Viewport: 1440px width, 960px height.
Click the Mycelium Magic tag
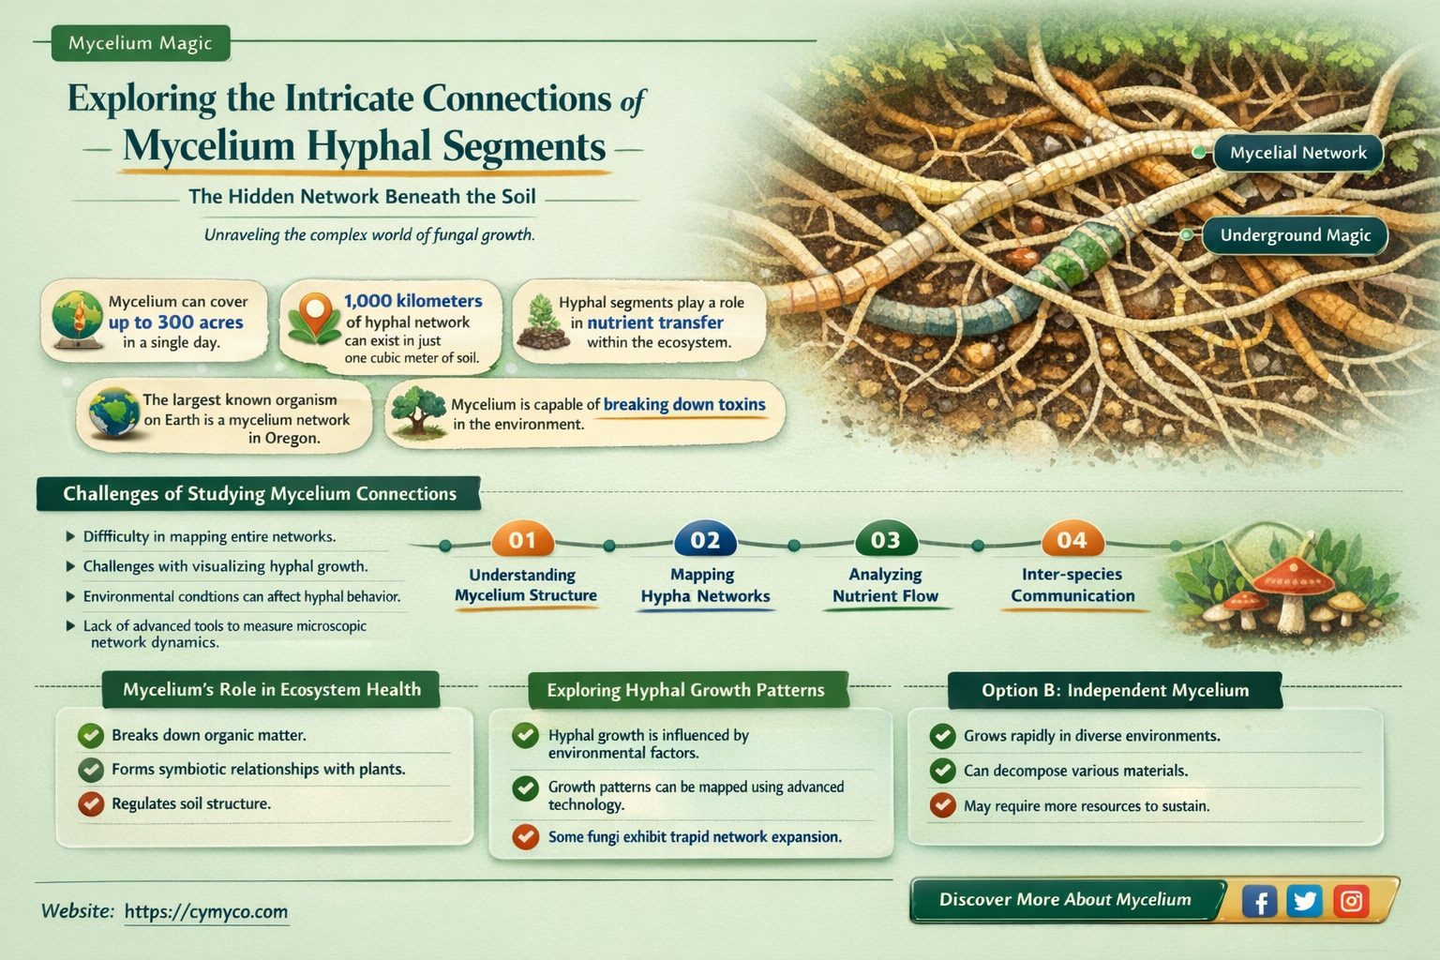point(141,43)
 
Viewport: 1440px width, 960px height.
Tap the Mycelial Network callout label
point(1297,153)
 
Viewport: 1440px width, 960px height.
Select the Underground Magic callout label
point(1295,235)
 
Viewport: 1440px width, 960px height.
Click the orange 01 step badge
point(522,540)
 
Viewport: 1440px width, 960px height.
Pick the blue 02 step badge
point(705,540)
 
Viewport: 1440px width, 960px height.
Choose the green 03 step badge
point(885,540)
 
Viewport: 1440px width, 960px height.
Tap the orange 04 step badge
point(1072,540)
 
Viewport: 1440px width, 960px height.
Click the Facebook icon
point(1259,902)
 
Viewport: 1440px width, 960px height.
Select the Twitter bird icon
point(1304,901)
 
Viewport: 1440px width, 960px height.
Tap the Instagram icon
point(1351,901)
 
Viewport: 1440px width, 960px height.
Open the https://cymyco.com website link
point(205,911)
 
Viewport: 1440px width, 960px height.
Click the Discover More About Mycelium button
point(1065,900)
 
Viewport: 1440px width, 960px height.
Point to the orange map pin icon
point(315,313)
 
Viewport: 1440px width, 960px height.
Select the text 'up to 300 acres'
point(175,322)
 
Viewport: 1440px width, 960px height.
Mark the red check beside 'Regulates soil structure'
point(91,803)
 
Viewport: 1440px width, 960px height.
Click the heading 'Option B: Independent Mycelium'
point(1115,691)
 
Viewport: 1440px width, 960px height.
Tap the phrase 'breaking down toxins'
point(684,405)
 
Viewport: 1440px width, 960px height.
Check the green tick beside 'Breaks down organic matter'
point(91,735)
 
